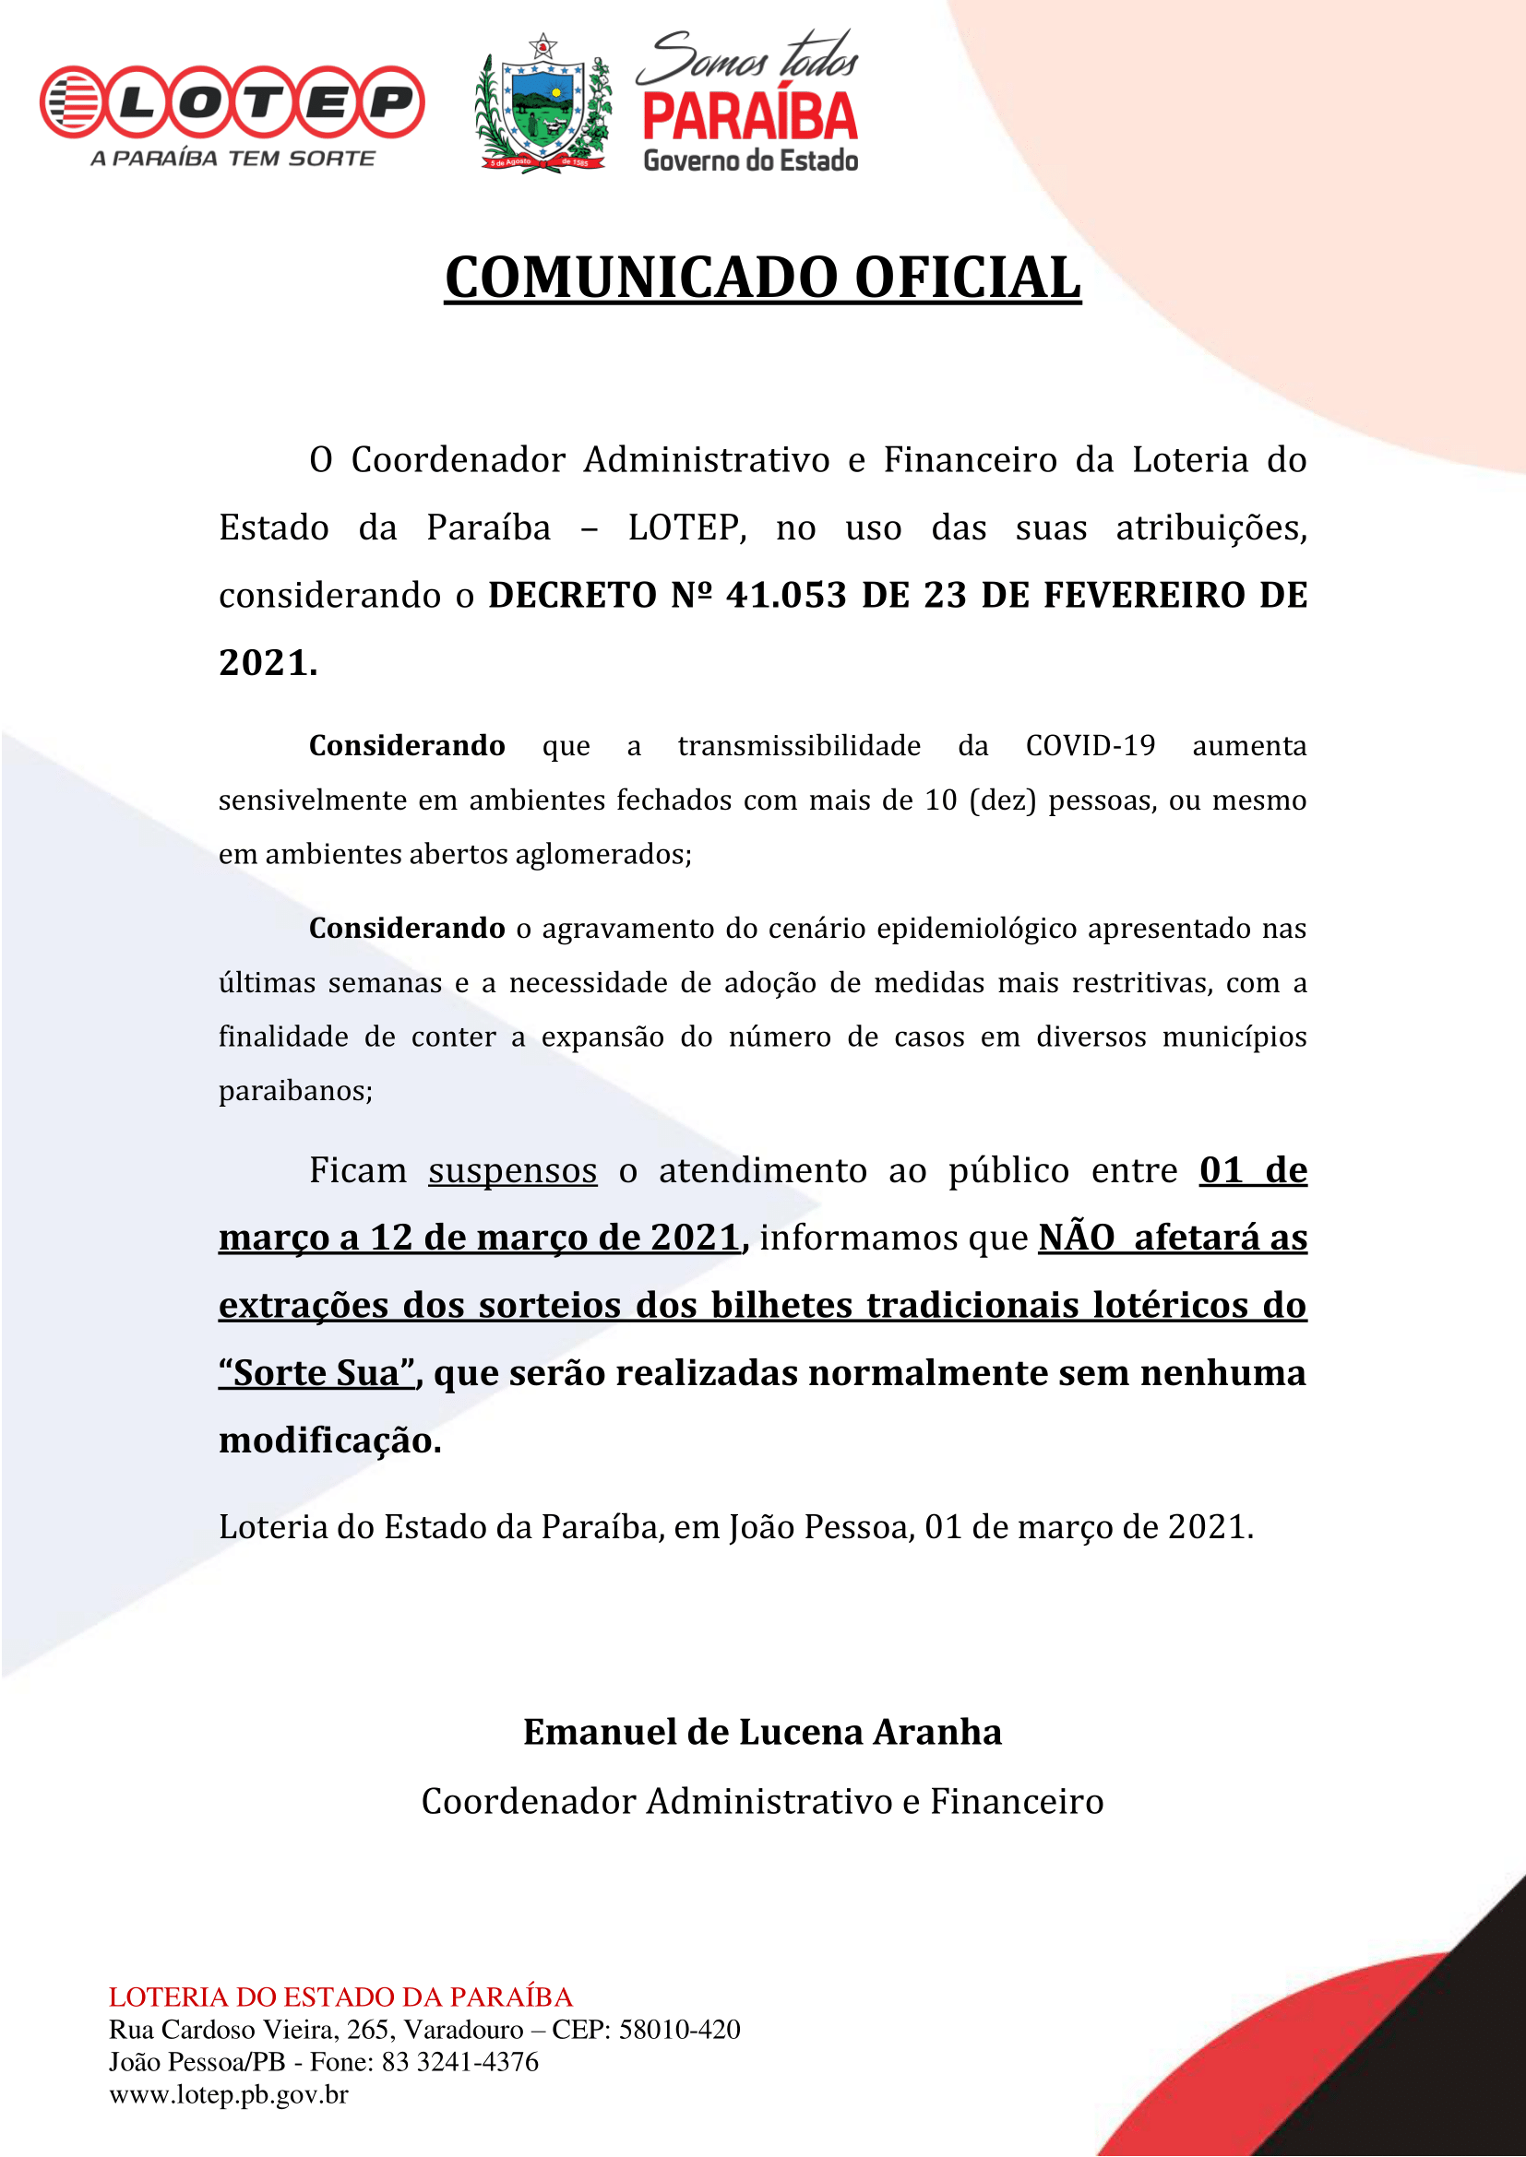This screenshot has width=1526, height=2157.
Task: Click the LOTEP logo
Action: tap(232, 101)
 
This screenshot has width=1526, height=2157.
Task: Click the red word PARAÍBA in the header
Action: tap(750, 116)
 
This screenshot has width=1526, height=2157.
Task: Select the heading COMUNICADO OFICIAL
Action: tap(762, 279)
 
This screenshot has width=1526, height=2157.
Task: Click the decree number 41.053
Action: tap(785, 595)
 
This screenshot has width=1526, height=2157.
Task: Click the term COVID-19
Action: tap(1090, 745)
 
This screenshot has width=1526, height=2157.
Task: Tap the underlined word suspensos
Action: tap(512, 1170)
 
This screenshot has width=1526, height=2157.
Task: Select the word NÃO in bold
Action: tap(1076, 1238)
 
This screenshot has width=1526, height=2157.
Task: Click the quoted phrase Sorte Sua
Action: tap(316, 1373)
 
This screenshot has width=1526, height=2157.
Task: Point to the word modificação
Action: tap(329, 1441)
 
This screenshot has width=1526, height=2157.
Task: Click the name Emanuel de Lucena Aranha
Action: tap(762, 1733)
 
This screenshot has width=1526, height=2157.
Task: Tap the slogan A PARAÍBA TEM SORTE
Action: tap(233, 158)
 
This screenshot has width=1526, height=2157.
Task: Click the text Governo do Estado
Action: tap(750, 160)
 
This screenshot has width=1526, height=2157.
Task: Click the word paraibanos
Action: tap(295, 1091)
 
